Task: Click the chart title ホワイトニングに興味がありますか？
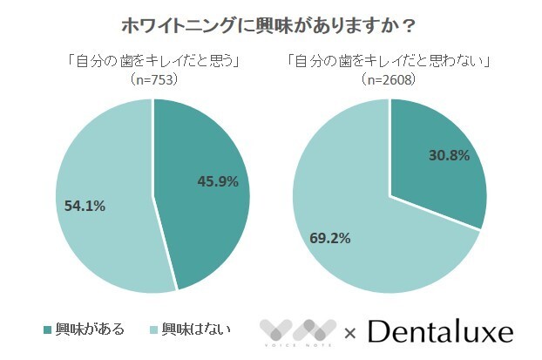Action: click(x=271, y=23)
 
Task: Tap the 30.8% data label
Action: click(x=449, y=156)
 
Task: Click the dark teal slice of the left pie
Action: click(x=205, y=218)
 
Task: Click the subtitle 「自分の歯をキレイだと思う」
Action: click(x=152, y=62)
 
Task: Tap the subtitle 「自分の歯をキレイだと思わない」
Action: click(x=389, y=62)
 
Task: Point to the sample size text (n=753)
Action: click(x=152, y=79)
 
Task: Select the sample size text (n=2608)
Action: click(x=389, y=79)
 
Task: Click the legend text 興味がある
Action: click(x=90, y=329)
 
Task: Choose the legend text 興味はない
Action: click(x=193, y=329)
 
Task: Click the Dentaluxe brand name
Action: click(x=439, y=331)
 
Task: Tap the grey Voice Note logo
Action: click(x=297, y=331)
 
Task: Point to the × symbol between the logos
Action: click(x=350, y=332)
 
